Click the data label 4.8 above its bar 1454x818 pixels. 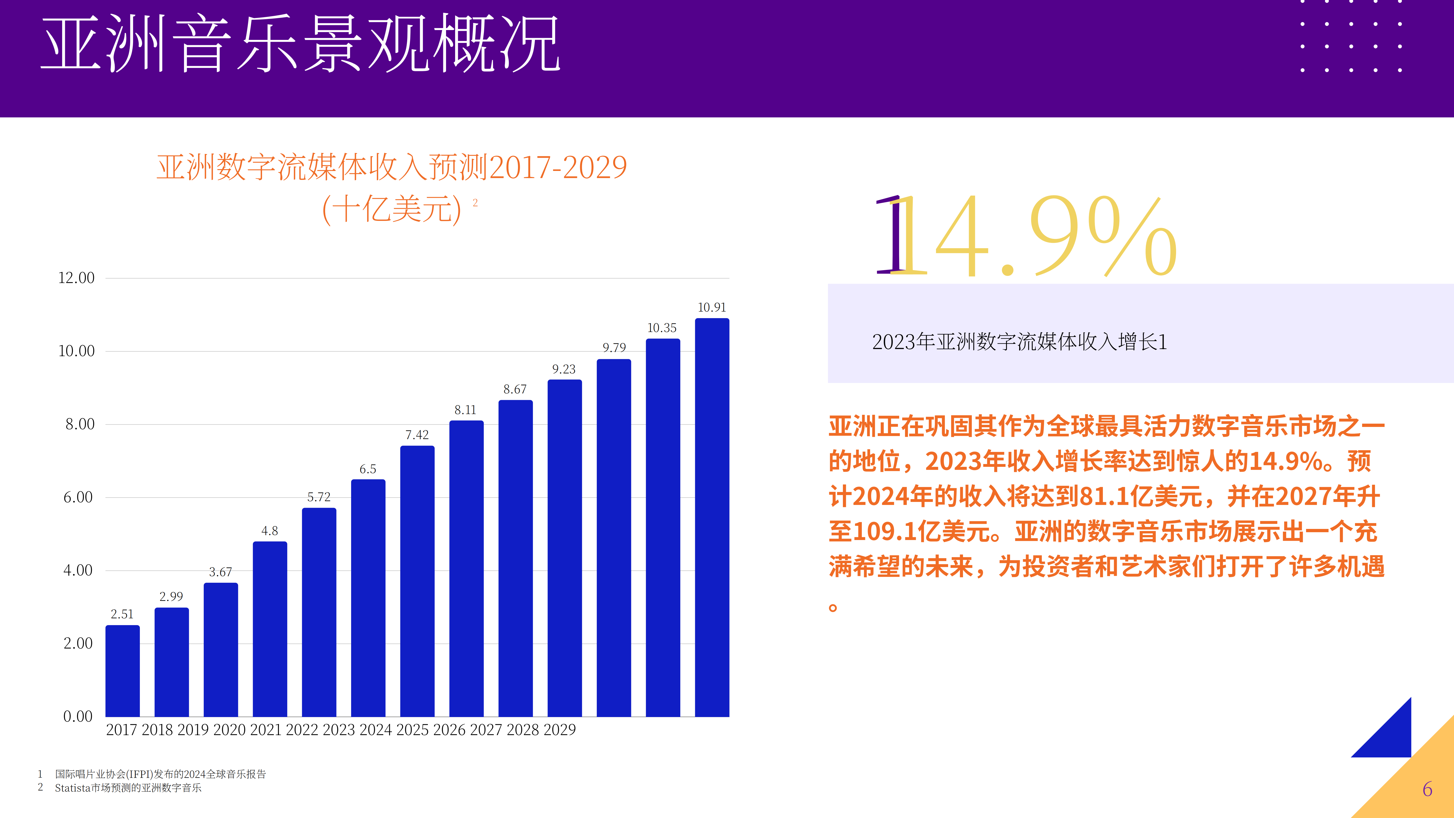(x=270, y=531)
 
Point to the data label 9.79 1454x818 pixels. (x=614, y=347)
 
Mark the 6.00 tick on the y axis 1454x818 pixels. (x=78, y=497)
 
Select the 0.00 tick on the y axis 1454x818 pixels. (x=78, y=717)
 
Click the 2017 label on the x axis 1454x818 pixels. (x=121, y=730)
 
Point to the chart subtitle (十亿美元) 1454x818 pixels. (x=392, y=209)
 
